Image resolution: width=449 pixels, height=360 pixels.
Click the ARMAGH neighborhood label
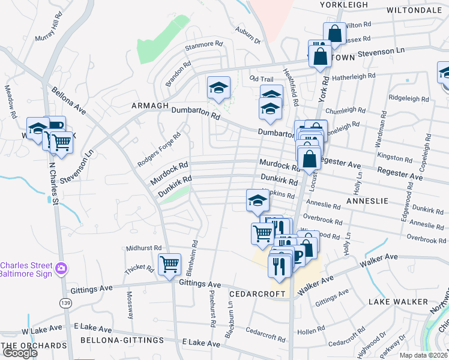click(150, 106)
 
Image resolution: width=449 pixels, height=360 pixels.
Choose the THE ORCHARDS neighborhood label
click(34, 346)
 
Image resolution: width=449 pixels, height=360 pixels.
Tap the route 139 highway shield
click(65, 304)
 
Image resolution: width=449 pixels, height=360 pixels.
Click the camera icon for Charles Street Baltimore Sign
click(61, 268)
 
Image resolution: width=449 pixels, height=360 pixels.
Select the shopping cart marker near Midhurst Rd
click(170, 264)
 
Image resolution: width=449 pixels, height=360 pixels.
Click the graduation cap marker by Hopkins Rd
click(258, 201)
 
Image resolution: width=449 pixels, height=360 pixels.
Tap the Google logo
click(20, 353)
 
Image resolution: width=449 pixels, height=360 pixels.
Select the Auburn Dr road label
click(249, 35)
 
